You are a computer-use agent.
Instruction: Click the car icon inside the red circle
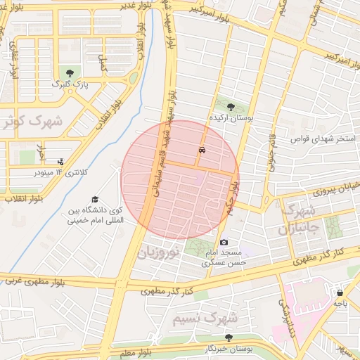tap(202, 150)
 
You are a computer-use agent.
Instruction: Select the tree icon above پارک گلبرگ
tap(69, 72)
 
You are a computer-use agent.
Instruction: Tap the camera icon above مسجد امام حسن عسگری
tap(224, 242)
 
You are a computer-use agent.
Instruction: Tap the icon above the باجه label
tap(340, 292)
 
